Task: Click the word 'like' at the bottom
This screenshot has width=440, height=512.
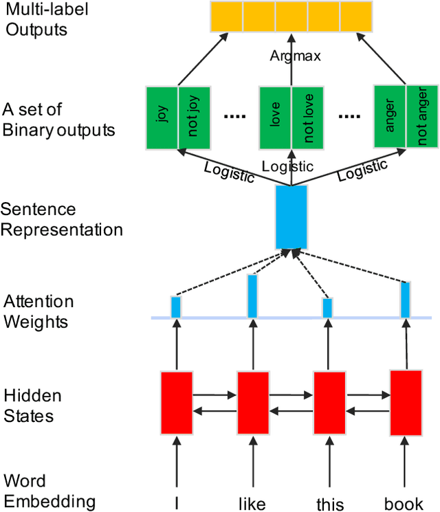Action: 252,503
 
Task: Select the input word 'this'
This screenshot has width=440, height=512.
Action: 329,503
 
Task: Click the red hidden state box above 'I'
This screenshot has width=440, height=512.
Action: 177,403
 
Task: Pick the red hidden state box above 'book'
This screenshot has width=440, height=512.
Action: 406,403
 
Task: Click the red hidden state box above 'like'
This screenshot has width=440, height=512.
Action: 253,403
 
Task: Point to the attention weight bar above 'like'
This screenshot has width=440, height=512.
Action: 252,296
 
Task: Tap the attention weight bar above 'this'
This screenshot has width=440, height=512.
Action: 327,307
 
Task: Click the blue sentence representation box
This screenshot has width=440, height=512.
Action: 291,216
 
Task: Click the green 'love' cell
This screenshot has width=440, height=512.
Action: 275,117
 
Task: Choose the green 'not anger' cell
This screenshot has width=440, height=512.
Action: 422,117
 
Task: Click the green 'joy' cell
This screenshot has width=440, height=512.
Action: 163,117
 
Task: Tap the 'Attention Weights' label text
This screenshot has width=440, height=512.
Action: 38,311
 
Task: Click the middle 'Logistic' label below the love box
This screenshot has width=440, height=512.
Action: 287,166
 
